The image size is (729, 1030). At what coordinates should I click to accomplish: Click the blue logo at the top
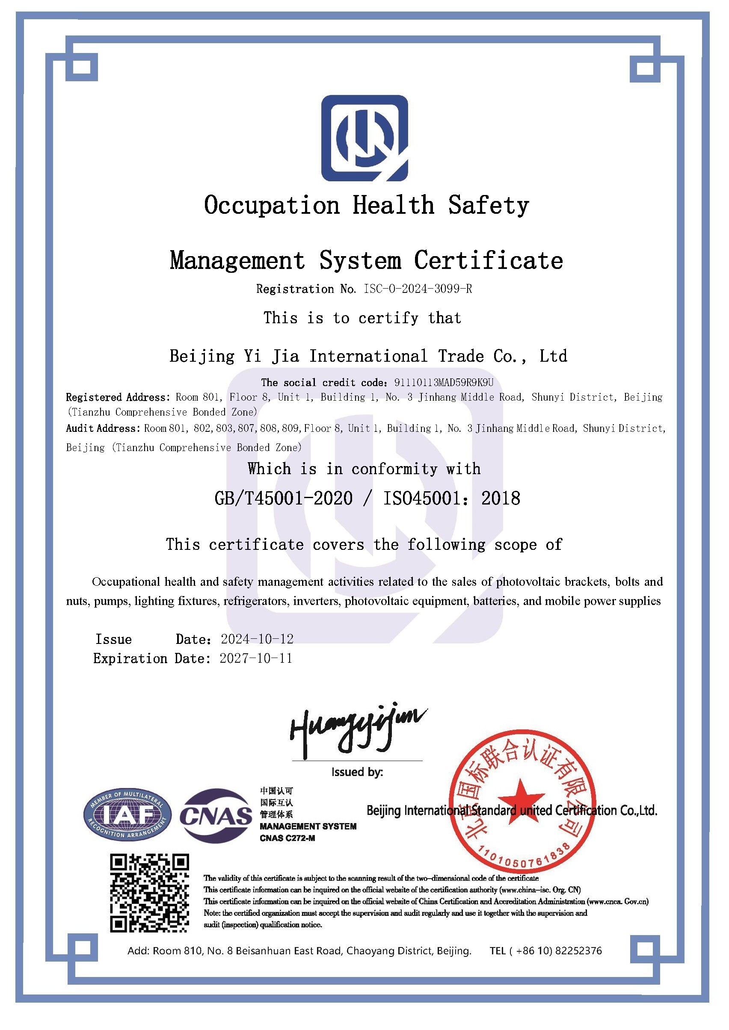coord(364,138)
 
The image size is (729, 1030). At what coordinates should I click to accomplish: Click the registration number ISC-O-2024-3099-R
coord(418,289)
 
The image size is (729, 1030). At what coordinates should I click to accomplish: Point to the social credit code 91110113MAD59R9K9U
coord(444,383)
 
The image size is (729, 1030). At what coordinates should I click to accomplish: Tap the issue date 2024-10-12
coord(257,639)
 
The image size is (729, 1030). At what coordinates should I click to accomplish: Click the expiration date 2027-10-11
coord(256,658)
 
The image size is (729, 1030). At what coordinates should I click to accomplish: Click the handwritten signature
coord(357,729)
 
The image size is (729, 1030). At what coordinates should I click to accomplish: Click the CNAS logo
coord(216,816)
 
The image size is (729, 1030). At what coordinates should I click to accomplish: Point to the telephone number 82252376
coord(578,950)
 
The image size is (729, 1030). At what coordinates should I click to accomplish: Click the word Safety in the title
coord(489,206)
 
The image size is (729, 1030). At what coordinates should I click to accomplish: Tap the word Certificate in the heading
coord(489,261)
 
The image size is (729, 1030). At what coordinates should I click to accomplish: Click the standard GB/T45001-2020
coord(284,499)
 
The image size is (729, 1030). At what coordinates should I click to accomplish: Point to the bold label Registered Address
coord(118,398)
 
